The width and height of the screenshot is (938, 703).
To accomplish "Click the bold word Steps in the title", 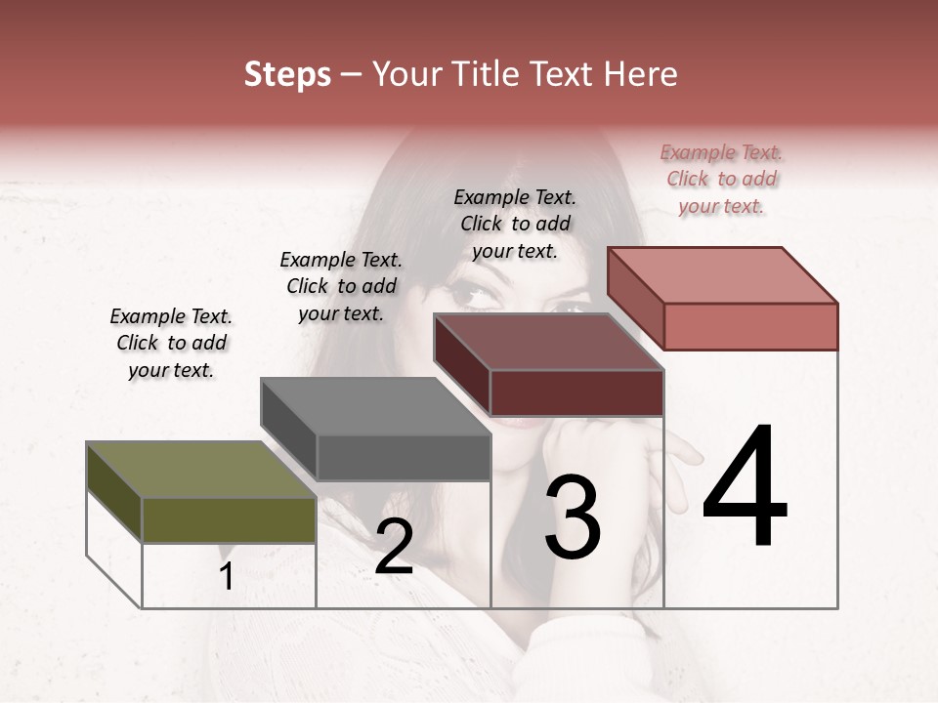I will pos(287,74).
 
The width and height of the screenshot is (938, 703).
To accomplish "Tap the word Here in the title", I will pos(639,74).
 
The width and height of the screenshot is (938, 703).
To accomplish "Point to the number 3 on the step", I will pos(573,517).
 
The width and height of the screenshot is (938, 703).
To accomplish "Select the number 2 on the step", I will pos(394,547).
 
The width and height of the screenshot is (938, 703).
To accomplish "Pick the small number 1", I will pos(227,576).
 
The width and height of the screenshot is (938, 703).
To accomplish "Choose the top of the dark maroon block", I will pos(548,342).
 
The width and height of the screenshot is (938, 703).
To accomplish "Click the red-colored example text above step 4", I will pos(722,180).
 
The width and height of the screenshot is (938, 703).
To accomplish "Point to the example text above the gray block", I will pos(341,286).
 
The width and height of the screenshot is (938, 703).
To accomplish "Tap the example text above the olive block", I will pos(171,343).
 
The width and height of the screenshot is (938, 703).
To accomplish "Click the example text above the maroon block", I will pos(515,224).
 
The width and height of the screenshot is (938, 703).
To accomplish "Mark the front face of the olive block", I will pos(229,519).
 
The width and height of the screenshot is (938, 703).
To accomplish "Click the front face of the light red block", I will pos(750,326).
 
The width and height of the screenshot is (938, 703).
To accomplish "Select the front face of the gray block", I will pos(403,457).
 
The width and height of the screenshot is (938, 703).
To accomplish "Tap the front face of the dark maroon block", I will pos(576,393).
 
